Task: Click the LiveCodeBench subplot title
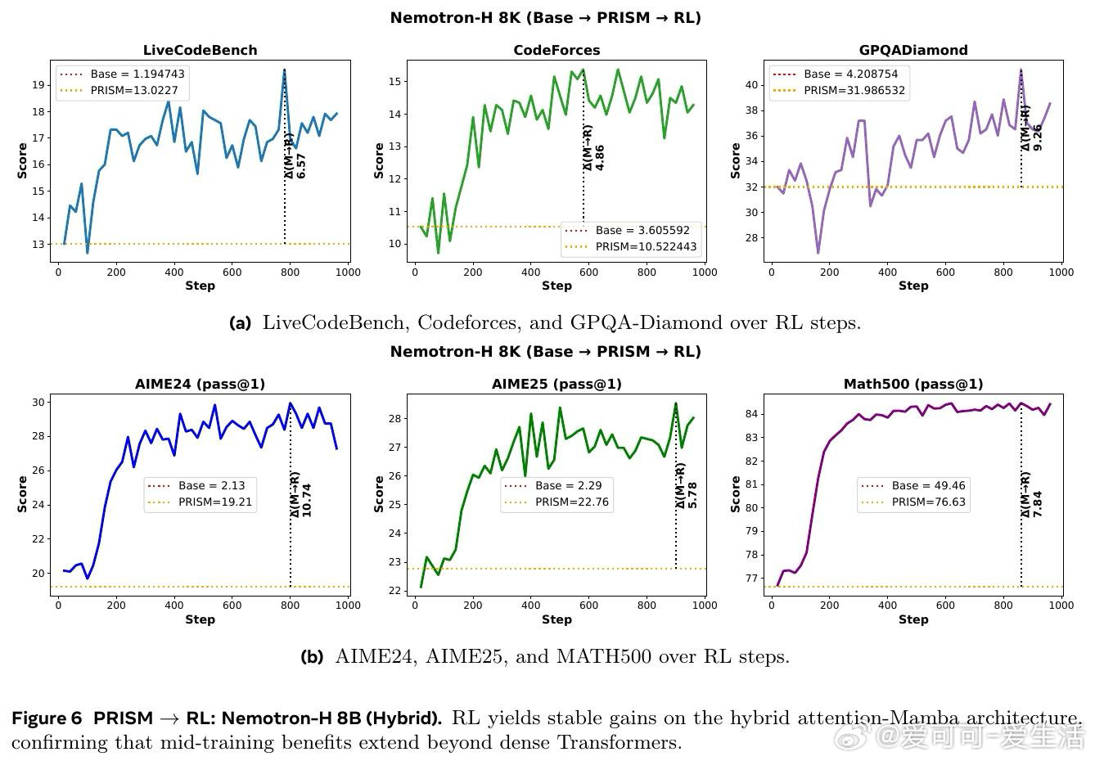coord(200,50)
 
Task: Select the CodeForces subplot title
coord(557,50)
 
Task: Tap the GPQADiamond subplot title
coord(913,50)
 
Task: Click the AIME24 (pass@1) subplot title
coord(200,384)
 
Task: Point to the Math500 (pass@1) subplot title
coord(913,384)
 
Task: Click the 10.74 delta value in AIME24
coord(307,499)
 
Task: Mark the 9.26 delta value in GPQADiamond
coord(1038,137)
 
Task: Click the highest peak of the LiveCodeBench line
coord(284,70)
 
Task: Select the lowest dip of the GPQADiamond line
coord(818,252)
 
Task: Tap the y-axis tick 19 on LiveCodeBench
coord(38,85)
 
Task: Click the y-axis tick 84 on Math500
coord(751,414)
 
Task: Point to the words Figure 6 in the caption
coord(47,718)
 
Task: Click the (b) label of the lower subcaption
coord(312,656)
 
